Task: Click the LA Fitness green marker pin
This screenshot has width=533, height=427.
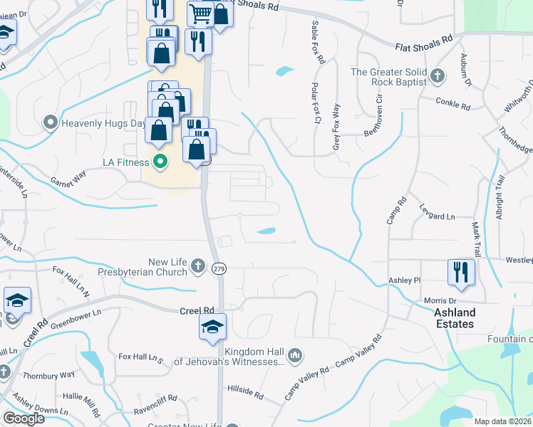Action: pyautogui.click(x=160, y=162)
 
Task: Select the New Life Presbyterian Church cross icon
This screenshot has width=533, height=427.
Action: pyautogui.click(x=198, y=267)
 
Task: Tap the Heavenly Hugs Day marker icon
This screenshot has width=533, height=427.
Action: pyautogui.click(x=51, y=123)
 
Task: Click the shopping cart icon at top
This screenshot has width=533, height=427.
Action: pyautogui.click(x=201, y=13)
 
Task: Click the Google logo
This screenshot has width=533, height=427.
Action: pyautogui.click(x=24, y=418)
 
